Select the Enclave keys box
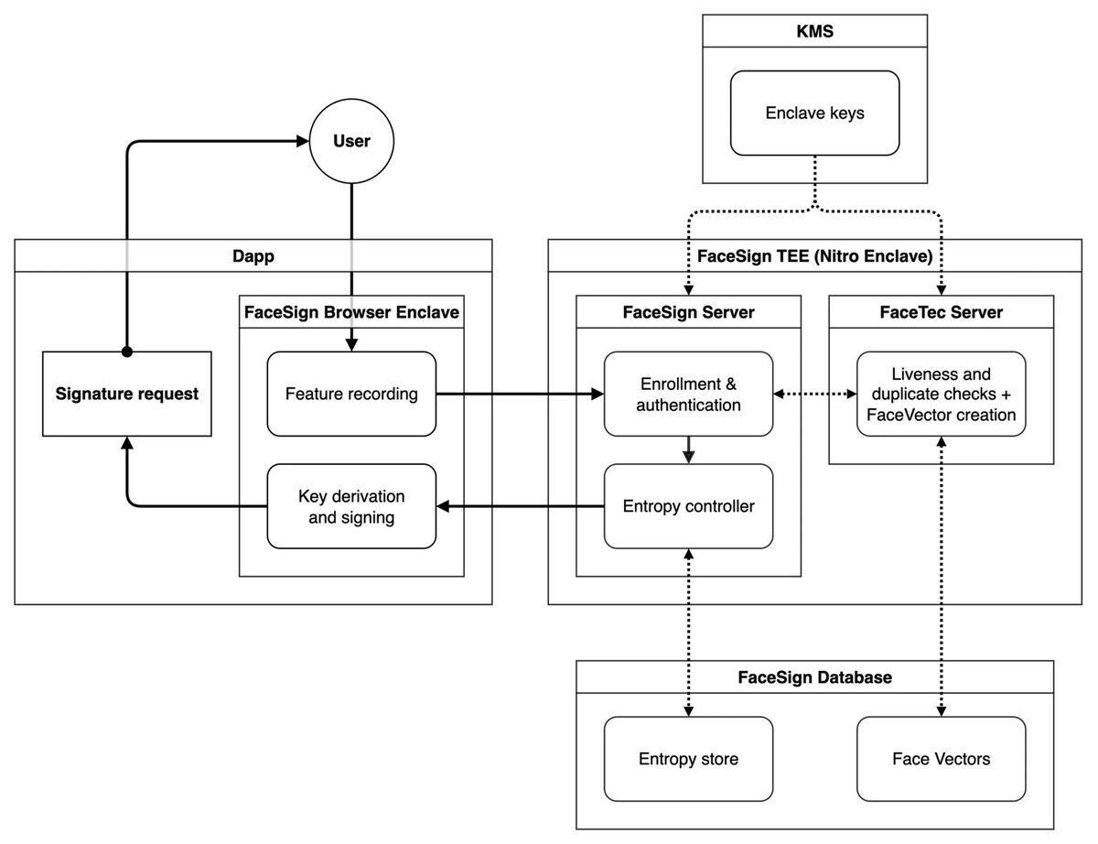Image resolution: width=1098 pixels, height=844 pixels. click(814, 114)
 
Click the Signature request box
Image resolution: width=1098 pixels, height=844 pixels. click(127, 395)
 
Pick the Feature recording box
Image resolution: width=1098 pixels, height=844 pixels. click(351, 395)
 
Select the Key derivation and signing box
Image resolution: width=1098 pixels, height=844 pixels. click(351, 506)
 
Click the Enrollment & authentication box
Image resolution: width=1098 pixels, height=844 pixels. click(688, 394)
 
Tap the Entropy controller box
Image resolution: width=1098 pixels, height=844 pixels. click(688, 505)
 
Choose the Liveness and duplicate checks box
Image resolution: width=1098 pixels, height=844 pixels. click(941, 394)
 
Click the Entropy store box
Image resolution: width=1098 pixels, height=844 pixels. click(688, 759)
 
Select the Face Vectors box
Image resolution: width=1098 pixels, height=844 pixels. click(941, 759)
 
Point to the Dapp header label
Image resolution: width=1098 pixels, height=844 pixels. click(253, 257)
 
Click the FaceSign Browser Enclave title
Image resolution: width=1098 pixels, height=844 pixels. click(351, 312)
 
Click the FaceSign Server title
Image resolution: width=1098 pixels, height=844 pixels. click(688, 312)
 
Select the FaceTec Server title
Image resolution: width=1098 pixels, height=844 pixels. click(941, 312)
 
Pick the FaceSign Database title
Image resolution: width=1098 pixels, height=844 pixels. click(814, 677)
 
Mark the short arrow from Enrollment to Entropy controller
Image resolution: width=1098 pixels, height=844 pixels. click(688, 449)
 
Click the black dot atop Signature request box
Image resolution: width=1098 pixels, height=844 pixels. click(127, 352)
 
